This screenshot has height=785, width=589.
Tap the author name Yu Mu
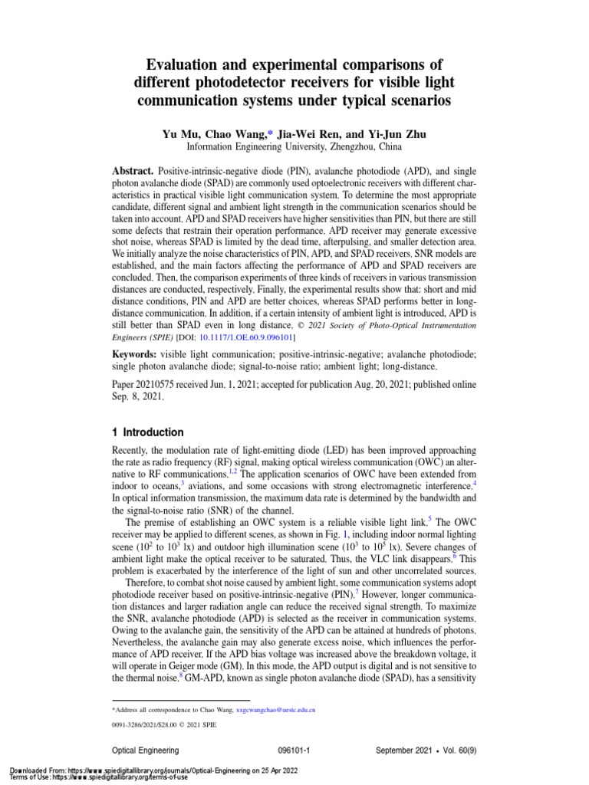coord(180,134)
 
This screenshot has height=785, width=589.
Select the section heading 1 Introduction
coord(148,432)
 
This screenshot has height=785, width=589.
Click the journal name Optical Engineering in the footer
coord(146,751)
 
